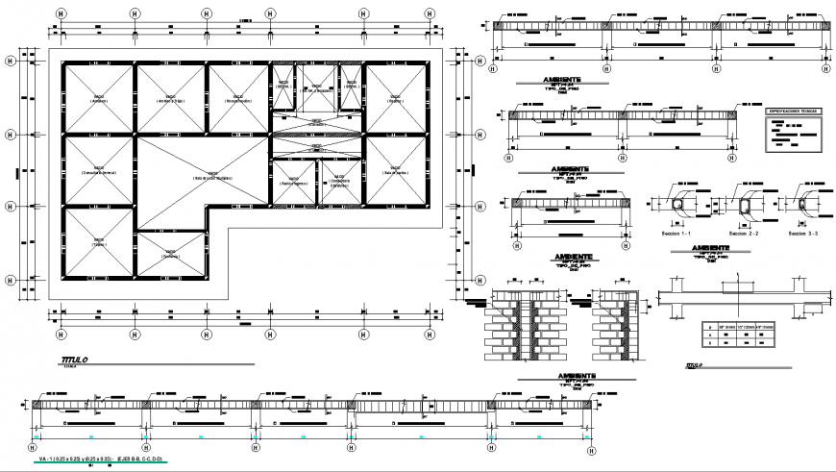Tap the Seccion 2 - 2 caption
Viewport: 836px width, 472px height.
[743, 234]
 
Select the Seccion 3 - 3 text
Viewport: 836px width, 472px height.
[804, 234]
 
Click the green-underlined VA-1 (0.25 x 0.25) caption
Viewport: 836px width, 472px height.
[99, 461]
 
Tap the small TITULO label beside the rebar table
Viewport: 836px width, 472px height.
[694, 365]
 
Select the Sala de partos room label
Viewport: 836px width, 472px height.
[394, 172]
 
